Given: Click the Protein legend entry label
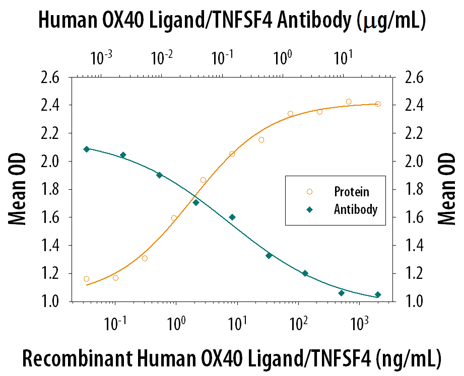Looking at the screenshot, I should [351, 192].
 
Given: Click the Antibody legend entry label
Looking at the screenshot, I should [355, 209].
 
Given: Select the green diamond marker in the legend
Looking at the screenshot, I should [309, 209].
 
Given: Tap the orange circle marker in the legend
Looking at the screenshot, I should [309, 192].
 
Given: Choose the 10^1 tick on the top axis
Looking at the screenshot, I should [343, 59].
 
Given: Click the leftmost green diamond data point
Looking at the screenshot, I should [87, 149].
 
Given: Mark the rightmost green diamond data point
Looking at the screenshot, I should [378, 295].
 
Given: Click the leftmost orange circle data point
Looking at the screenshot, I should [87, 279].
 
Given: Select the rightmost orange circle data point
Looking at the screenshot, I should [378, 104].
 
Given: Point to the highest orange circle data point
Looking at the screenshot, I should [349, 102].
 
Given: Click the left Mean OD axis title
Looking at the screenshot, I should [16, 190].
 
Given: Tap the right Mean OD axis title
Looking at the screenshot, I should [447, 190].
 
